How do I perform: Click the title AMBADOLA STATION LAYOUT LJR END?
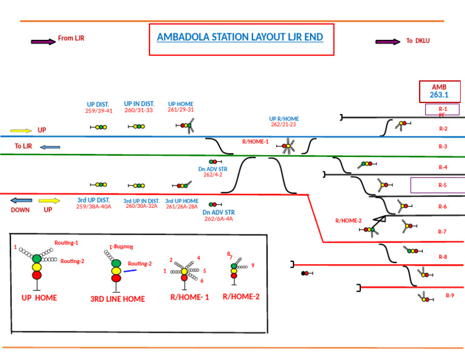point(240,37)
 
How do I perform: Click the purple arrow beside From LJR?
point(42,42)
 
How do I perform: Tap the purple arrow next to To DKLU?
point(387,42)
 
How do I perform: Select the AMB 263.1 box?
point(438,92)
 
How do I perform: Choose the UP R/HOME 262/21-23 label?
point(283,121)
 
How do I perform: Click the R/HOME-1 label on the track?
point(255,141)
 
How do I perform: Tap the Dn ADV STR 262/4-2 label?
point(213,172)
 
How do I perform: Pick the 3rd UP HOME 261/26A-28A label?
point(182,204)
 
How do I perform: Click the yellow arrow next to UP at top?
point(21,130)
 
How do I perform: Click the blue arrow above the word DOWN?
point(21,201)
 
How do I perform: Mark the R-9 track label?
point(450,296)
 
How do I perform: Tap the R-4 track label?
point(443,167)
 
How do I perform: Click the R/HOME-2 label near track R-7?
point(348,221)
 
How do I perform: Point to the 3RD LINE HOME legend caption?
point(117,299)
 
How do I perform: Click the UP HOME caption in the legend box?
point(39,298)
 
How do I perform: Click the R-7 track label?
point(443,232)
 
